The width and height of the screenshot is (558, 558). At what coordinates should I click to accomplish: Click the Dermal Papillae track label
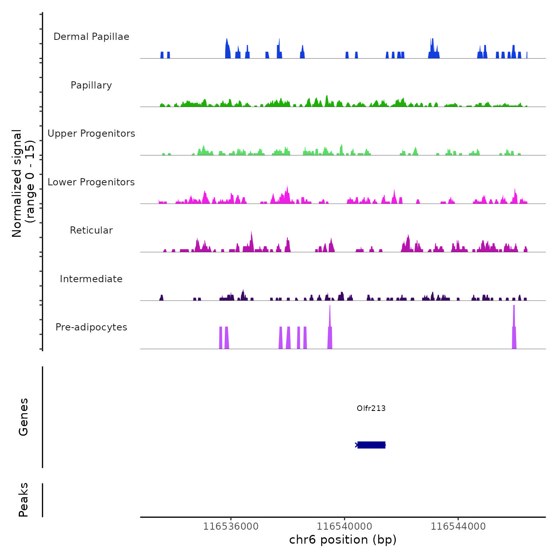(91, 37)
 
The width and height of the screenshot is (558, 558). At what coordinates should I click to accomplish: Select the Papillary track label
(91, 85)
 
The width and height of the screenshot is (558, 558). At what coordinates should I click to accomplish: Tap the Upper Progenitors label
(91, 134)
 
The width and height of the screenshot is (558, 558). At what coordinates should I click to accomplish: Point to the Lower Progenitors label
(91, 182)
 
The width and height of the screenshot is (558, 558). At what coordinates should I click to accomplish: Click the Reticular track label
(91, 230)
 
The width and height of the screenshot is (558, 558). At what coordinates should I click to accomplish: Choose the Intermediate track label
(91, 279)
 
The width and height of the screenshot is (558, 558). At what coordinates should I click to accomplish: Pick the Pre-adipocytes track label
(91, 327)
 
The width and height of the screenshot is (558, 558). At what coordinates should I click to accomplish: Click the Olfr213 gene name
(371, 408)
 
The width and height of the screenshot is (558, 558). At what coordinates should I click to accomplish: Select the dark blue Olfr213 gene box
(371, 445)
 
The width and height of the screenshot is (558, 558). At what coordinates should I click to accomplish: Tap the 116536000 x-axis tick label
(231, 527)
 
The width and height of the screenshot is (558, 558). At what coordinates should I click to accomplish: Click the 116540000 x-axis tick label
(345, 527)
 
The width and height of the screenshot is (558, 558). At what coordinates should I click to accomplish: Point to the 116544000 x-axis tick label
(458, 527)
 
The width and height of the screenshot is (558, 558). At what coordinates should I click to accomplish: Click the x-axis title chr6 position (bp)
(343, 540)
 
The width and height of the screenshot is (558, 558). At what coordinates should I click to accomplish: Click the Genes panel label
(24, 417)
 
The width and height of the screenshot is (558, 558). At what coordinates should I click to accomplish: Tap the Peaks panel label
(24, 500)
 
